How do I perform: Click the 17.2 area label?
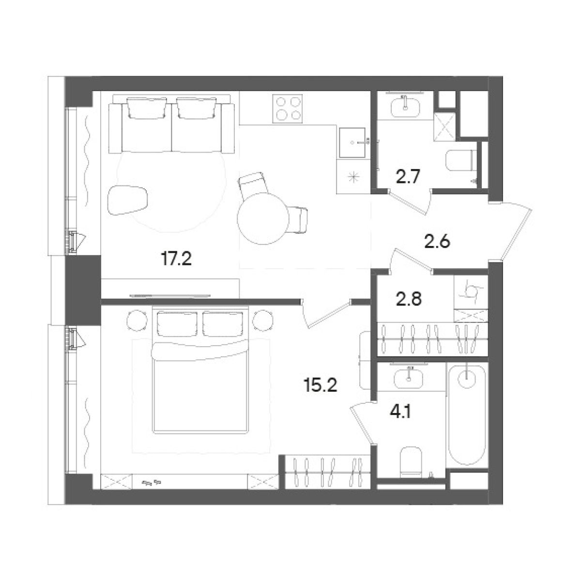click(176, 259)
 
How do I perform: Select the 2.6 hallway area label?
click(437, 242)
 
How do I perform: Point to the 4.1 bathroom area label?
click(400, 412)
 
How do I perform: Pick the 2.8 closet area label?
click(408, 299)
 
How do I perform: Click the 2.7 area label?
click(408, 177)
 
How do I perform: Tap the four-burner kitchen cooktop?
click(287, 108)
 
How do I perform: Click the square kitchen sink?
click(352, 142)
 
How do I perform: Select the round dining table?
click(263, 218)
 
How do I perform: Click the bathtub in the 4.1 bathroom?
click(467, 416)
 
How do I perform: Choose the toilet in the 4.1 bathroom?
click(411, 462)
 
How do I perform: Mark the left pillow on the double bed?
click(177, 324)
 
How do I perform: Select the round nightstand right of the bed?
click(262, 320)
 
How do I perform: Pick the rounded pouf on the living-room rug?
click(127, 200)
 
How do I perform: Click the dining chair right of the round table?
click(299, 220)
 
